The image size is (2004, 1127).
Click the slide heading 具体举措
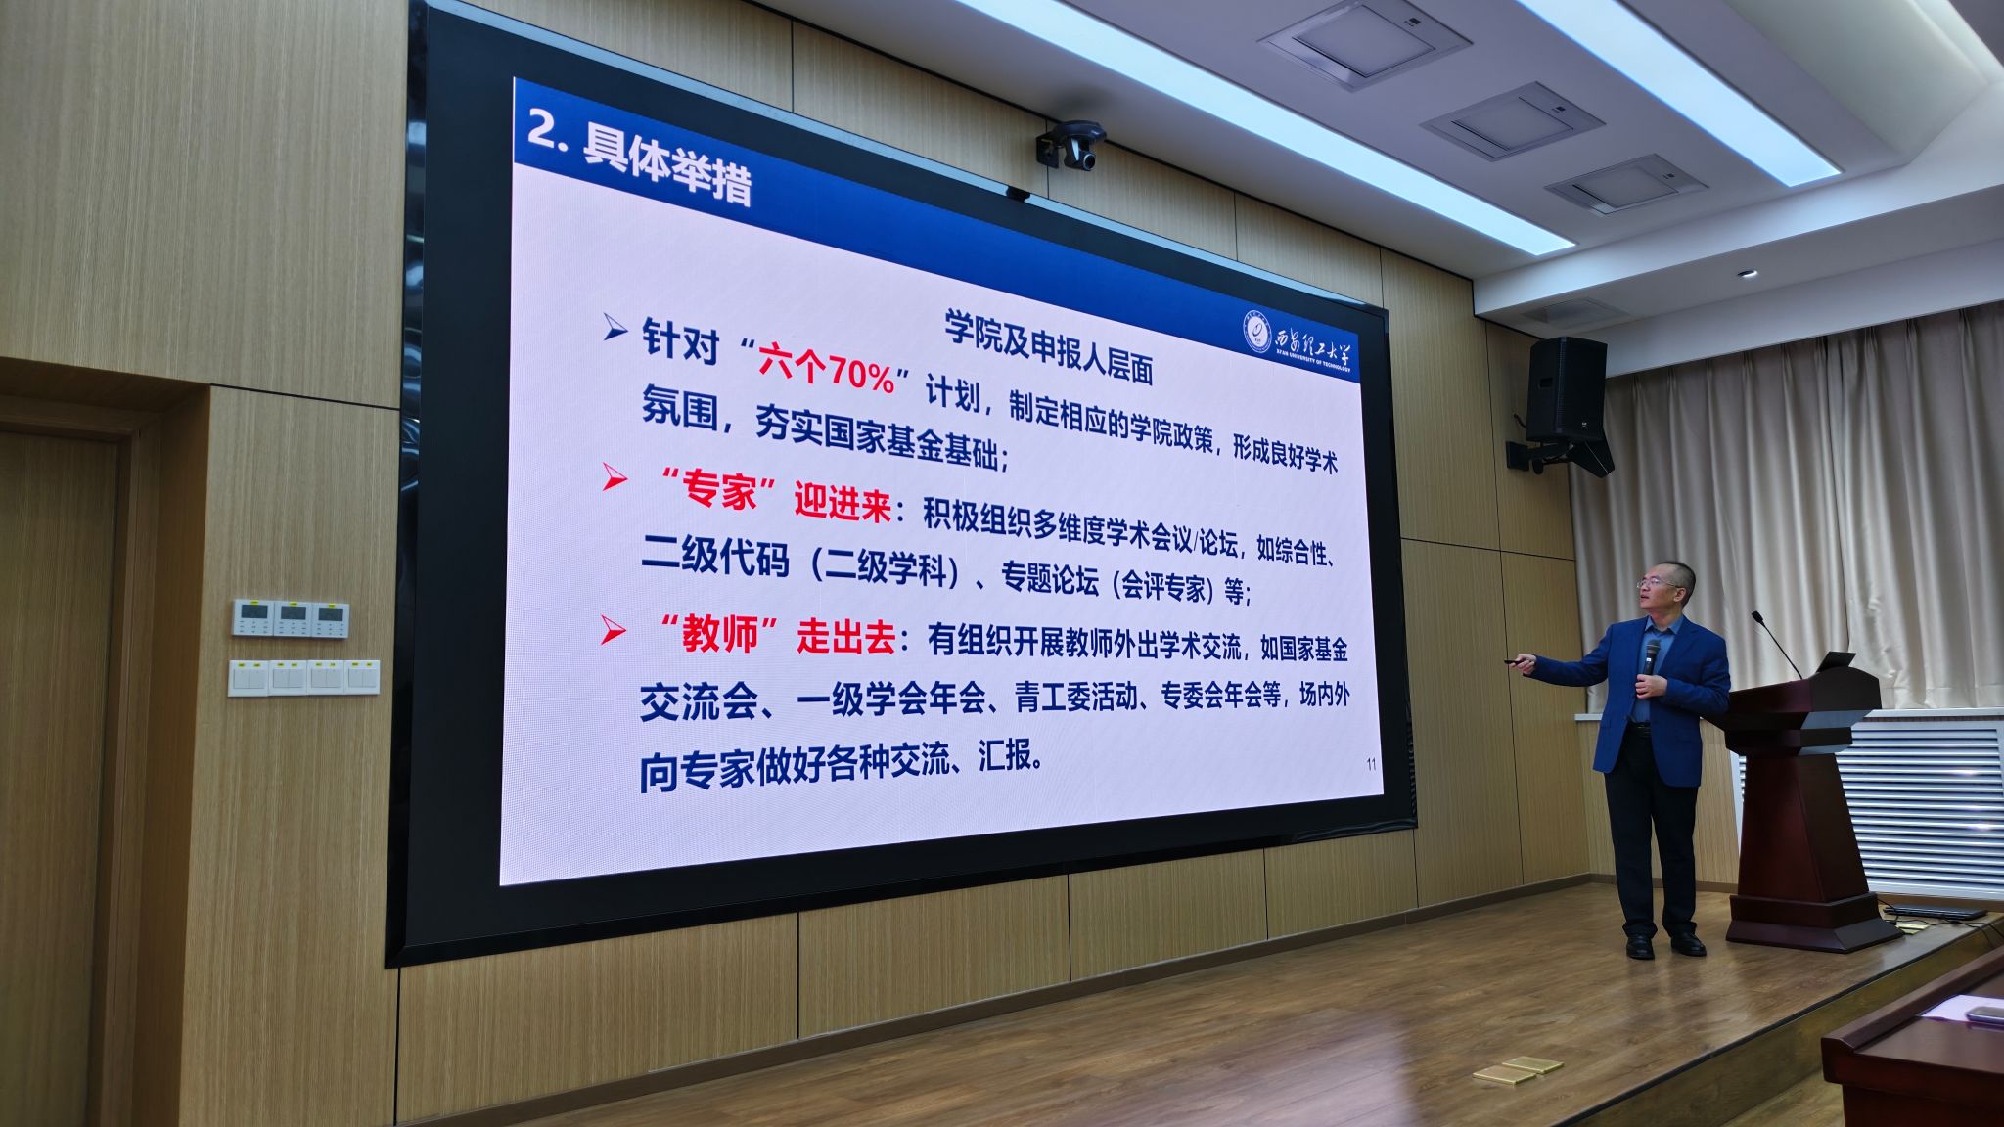click(667, 169)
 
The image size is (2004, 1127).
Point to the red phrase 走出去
click(846, 637)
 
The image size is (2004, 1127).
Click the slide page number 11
click(1370, 764)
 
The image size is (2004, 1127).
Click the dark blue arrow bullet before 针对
click(614, 328)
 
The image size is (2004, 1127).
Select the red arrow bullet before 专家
click(614, 477)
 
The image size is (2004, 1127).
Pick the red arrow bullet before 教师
click(613, 630)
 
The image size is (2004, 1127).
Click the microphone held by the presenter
click(1651, 660)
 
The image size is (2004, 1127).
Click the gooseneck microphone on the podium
click(1776, 644)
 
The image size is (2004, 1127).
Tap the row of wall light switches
click(303, 677)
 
